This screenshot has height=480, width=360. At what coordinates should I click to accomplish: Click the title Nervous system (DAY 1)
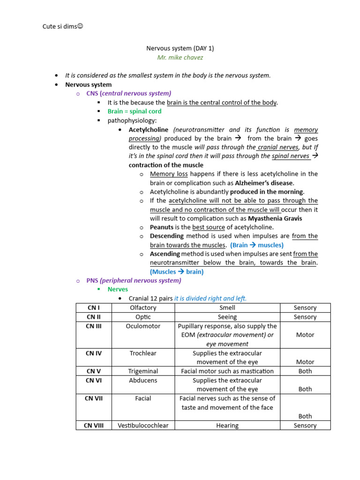[180, 48]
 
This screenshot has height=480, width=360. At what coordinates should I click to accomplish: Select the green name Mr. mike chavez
[180, 58]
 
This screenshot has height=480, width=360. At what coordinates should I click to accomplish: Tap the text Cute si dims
[62, 26]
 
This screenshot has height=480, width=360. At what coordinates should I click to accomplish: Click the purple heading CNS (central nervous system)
[129, 93]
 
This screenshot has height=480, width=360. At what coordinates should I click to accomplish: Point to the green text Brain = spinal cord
[135, 112]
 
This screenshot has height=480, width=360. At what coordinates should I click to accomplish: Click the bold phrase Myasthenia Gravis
[275, 218]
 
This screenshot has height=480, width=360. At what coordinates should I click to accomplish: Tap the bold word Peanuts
[162, 227]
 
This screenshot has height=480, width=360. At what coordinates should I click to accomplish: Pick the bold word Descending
[167, 236]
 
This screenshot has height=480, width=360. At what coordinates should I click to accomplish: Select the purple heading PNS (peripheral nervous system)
[134, 281]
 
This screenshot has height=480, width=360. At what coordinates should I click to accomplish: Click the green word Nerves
[118, 290]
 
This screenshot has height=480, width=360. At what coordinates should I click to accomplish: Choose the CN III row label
[94, 326]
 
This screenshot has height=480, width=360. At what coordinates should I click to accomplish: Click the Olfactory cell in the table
[143, 308]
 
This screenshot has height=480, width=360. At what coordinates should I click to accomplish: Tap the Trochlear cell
[143, 353]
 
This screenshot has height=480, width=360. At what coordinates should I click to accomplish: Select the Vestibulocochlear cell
[143, 426]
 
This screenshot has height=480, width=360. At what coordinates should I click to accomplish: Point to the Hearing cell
[227, 426]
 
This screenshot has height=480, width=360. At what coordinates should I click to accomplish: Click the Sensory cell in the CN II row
[305, 317]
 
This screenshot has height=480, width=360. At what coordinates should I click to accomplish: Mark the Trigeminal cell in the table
[143, 371]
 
